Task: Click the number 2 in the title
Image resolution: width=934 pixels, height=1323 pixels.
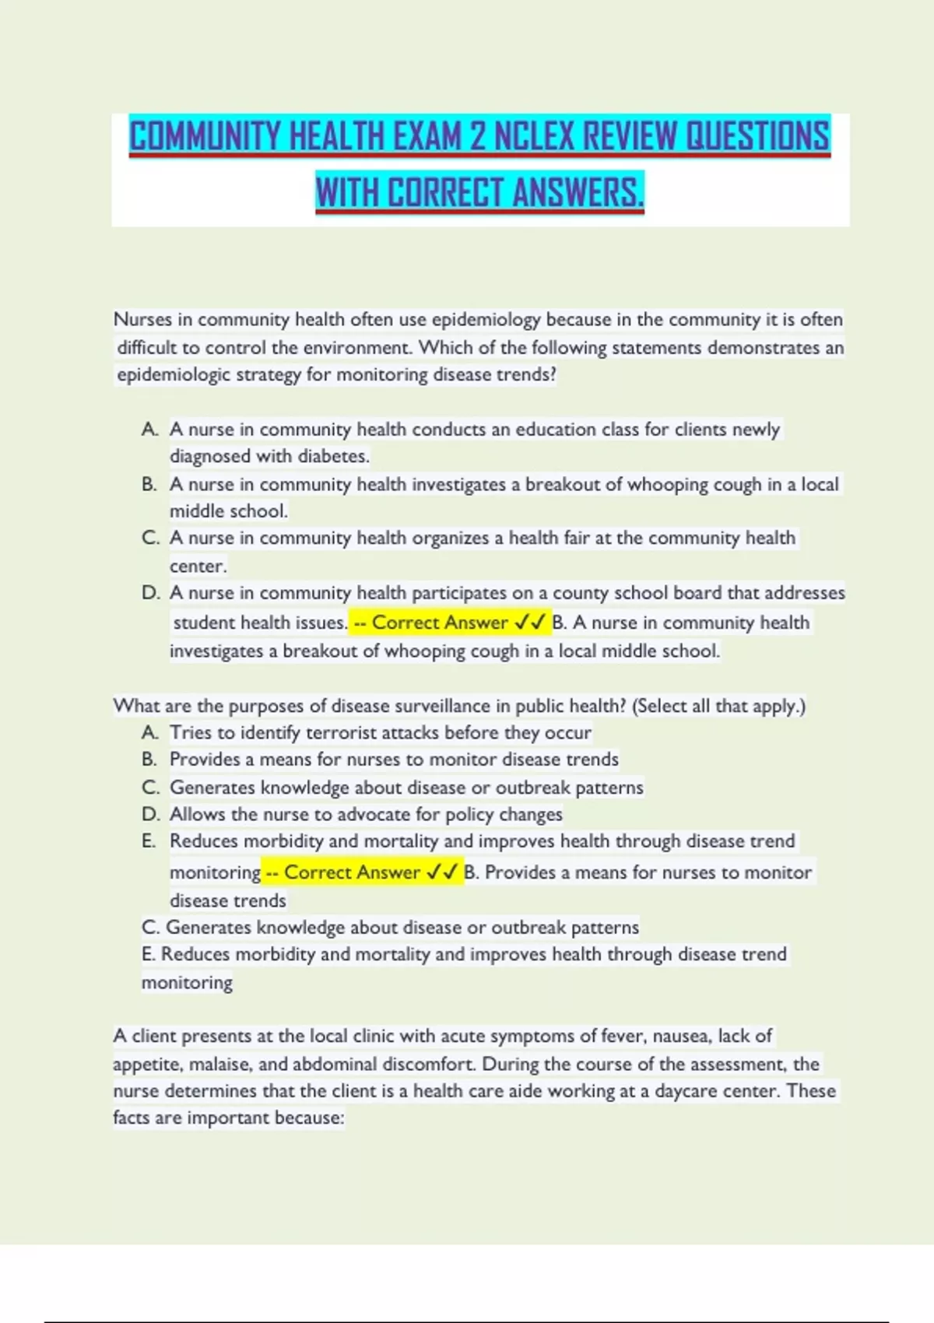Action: pos(476,136)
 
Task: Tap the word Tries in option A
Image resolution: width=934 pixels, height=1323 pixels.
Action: pos(191,733)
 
